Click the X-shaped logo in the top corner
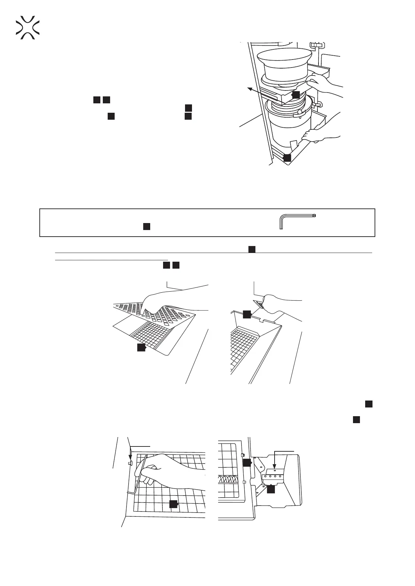[28, 27]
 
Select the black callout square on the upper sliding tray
[295, 94]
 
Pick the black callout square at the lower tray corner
[287, 158]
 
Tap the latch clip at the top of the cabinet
[317, 45]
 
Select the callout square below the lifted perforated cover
[141, 347]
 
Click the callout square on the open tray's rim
[247, 314]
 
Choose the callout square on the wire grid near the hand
[174, 504]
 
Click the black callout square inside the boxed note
[147, 227]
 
